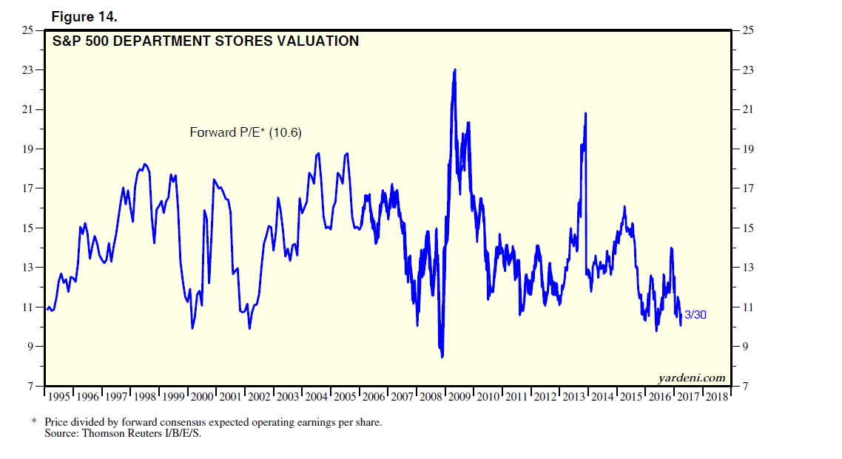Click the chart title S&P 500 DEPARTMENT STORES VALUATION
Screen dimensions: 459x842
click(x=206, y=41)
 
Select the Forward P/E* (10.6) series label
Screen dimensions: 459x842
click(x=246, y=132)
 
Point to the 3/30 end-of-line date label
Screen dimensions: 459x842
click(x=696, y=314)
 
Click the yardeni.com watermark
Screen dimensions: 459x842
click(x=692, y=378)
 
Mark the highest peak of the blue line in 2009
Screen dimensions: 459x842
click(x=454, y=69)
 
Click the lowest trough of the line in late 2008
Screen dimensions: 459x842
click(x=442, y=356)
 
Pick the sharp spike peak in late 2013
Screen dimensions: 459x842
click(x=586, y=113)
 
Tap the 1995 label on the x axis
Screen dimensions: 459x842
click(x=59, y=397)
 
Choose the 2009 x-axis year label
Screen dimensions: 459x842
click(x=460, y=397)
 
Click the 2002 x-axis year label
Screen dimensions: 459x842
click(x=259, y=397)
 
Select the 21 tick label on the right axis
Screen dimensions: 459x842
click(x=747, y=109)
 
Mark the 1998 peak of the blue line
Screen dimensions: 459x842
click(x=144, y=164)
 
